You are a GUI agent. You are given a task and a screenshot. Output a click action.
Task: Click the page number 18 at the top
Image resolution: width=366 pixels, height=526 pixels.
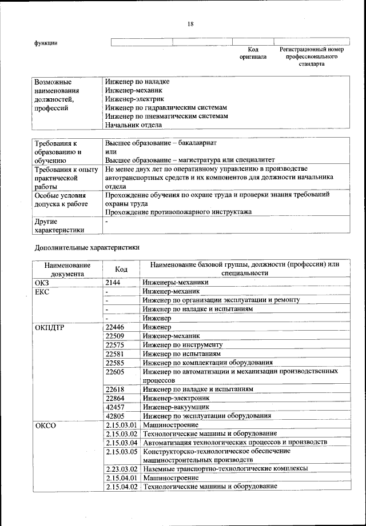pos(190,23)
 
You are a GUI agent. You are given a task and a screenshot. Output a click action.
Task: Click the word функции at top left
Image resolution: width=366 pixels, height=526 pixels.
pos(46,43)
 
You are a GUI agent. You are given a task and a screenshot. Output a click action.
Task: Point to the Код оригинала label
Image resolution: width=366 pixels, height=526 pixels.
pos(253,54)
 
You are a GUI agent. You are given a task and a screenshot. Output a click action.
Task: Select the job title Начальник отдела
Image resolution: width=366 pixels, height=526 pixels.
pos(133,125)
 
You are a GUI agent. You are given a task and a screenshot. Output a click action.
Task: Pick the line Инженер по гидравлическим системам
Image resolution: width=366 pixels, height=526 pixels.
pos(166,107)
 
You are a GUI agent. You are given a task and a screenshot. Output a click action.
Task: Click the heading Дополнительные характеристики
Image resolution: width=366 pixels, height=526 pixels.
pos(86,248)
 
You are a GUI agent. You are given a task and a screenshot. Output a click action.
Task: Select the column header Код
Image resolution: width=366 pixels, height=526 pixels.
pos(121,269)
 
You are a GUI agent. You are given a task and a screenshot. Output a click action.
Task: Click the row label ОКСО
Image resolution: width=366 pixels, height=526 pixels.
pos(45,425)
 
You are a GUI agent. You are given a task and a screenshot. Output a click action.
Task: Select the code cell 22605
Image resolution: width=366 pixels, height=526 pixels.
pos(116,372)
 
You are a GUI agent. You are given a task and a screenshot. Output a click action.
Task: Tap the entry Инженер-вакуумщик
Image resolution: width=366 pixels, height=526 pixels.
pos(176,407)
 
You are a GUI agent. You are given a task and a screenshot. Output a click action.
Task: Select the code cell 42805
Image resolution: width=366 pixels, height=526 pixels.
pos(116,416)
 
